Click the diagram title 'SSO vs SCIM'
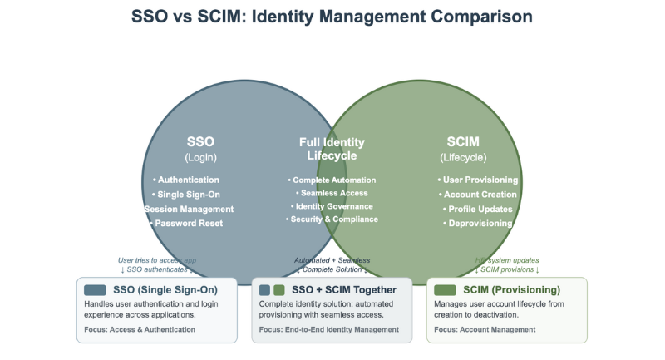coord(332,16)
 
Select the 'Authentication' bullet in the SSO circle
coord(186,180)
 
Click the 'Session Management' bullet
coord(189,209)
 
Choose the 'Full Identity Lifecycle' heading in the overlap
coord(332,149)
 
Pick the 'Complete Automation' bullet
coord(332,180)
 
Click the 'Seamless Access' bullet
coord(332,193)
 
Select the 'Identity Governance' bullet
coord(332,206)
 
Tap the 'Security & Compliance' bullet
coord(332,219)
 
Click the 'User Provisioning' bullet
coord(477,180)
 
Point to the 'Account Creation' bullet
coord(477,195)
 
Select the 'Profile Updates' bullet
coord(477,209)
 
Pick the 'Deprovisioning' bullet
coord(477,223)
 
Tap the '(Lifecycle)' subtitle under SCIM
coord(463,157)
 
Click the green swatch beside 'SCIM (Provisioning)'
coord(445,290)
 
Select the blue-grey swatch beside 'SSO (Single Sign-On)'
coord(95,290)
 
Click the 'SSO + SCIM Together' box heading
coord(343,290)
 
